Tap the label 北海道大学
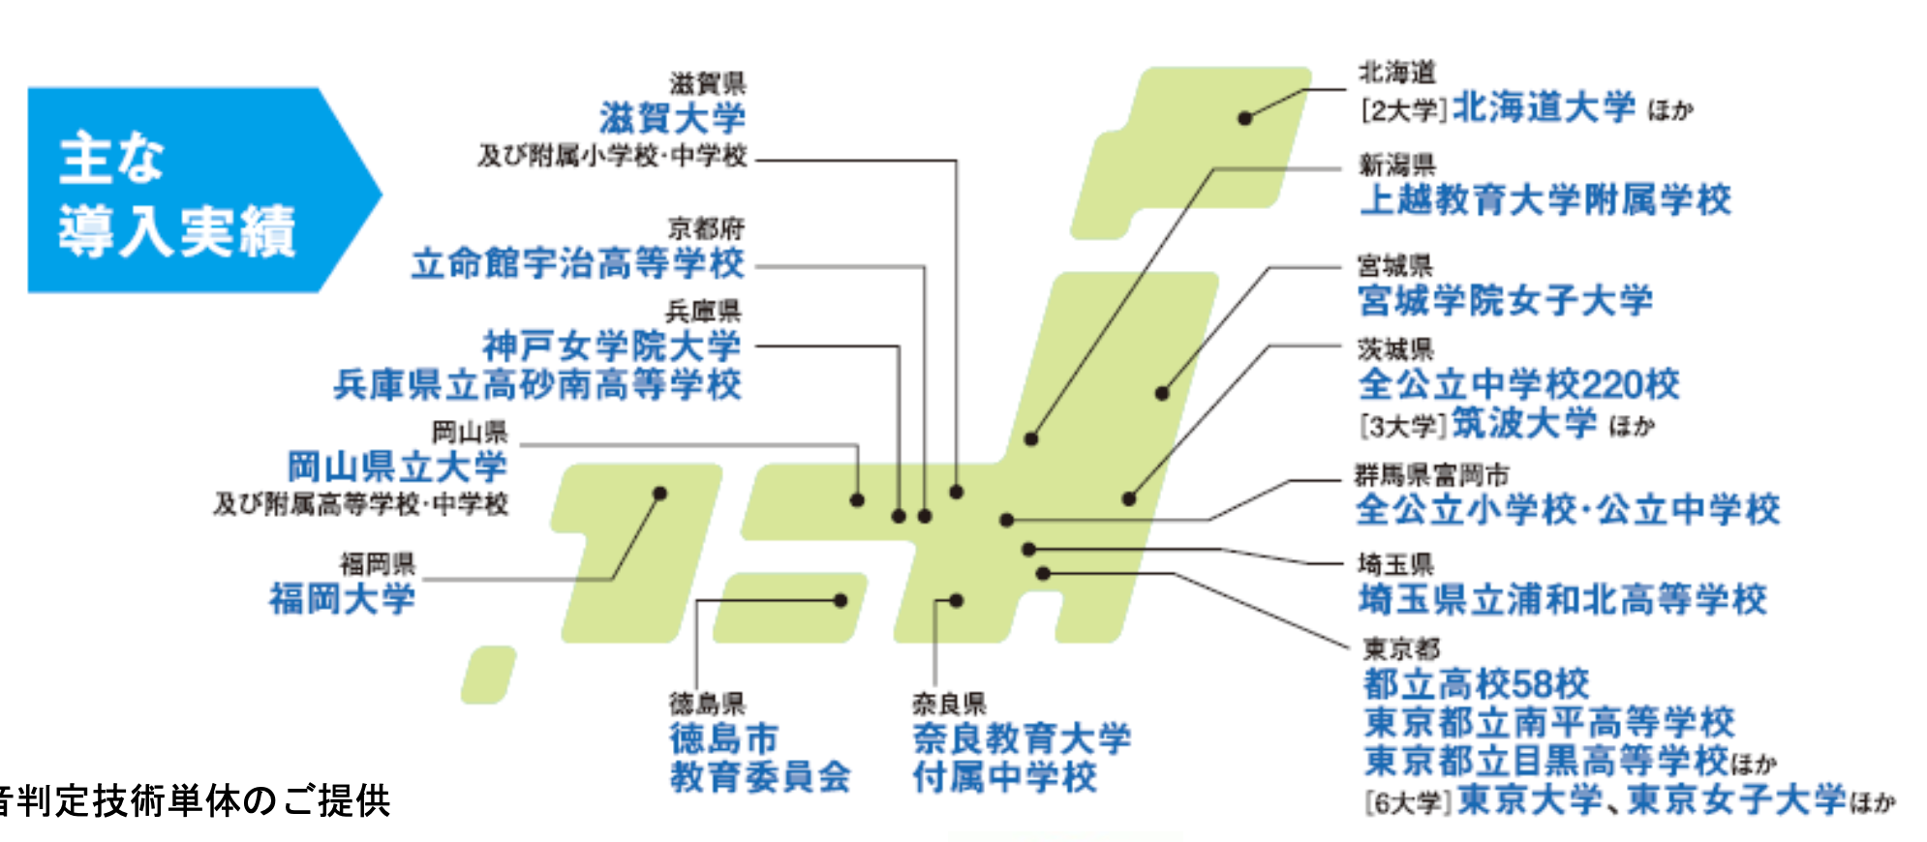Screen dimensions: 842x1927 click(x=1544, y=107)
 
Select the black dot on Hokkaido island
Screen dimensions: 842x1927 click(x=1245, y=118)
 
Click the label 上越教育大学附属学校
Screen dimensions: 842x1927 click(x=1545, y=199)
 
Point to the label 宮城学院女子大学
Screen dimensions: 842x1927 click(x=1505, y=300)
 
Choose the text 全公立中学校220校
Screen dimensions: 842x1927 click(x=1518, y=384)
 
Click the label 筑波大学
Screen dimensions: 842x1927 click(x=1524, y=423)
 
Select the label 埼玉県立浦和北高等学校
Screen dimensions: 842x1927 click(x=1562, y=599)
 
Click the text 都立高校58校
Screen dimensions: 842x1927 click(x=1476, y=684)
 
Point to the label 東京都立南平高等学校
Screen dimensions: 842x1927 click(x=1548, y=722)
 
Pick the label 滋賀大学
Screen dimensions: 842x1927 click(x=672, y=118)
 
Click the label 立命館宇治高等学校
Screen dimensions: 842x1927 click(x=578, y=262)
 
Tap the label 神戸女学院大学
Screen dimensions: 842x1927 click(x=611, y=346)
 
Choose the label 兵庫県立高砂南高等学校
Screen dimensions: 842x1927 click(x=537, y=385)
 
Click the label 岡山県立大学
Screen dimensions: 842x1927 click(x=397, y=466)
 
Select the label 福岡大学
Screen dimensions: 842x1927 click(x=342, y=598)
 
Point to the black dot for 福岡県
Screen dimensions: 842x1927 click(x=659, y=494)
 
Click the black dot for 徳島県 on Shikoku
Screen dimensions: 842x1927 click(x=841, y=601)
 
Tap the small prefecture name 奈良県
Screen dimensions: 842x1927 click(x=948, y=704)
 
